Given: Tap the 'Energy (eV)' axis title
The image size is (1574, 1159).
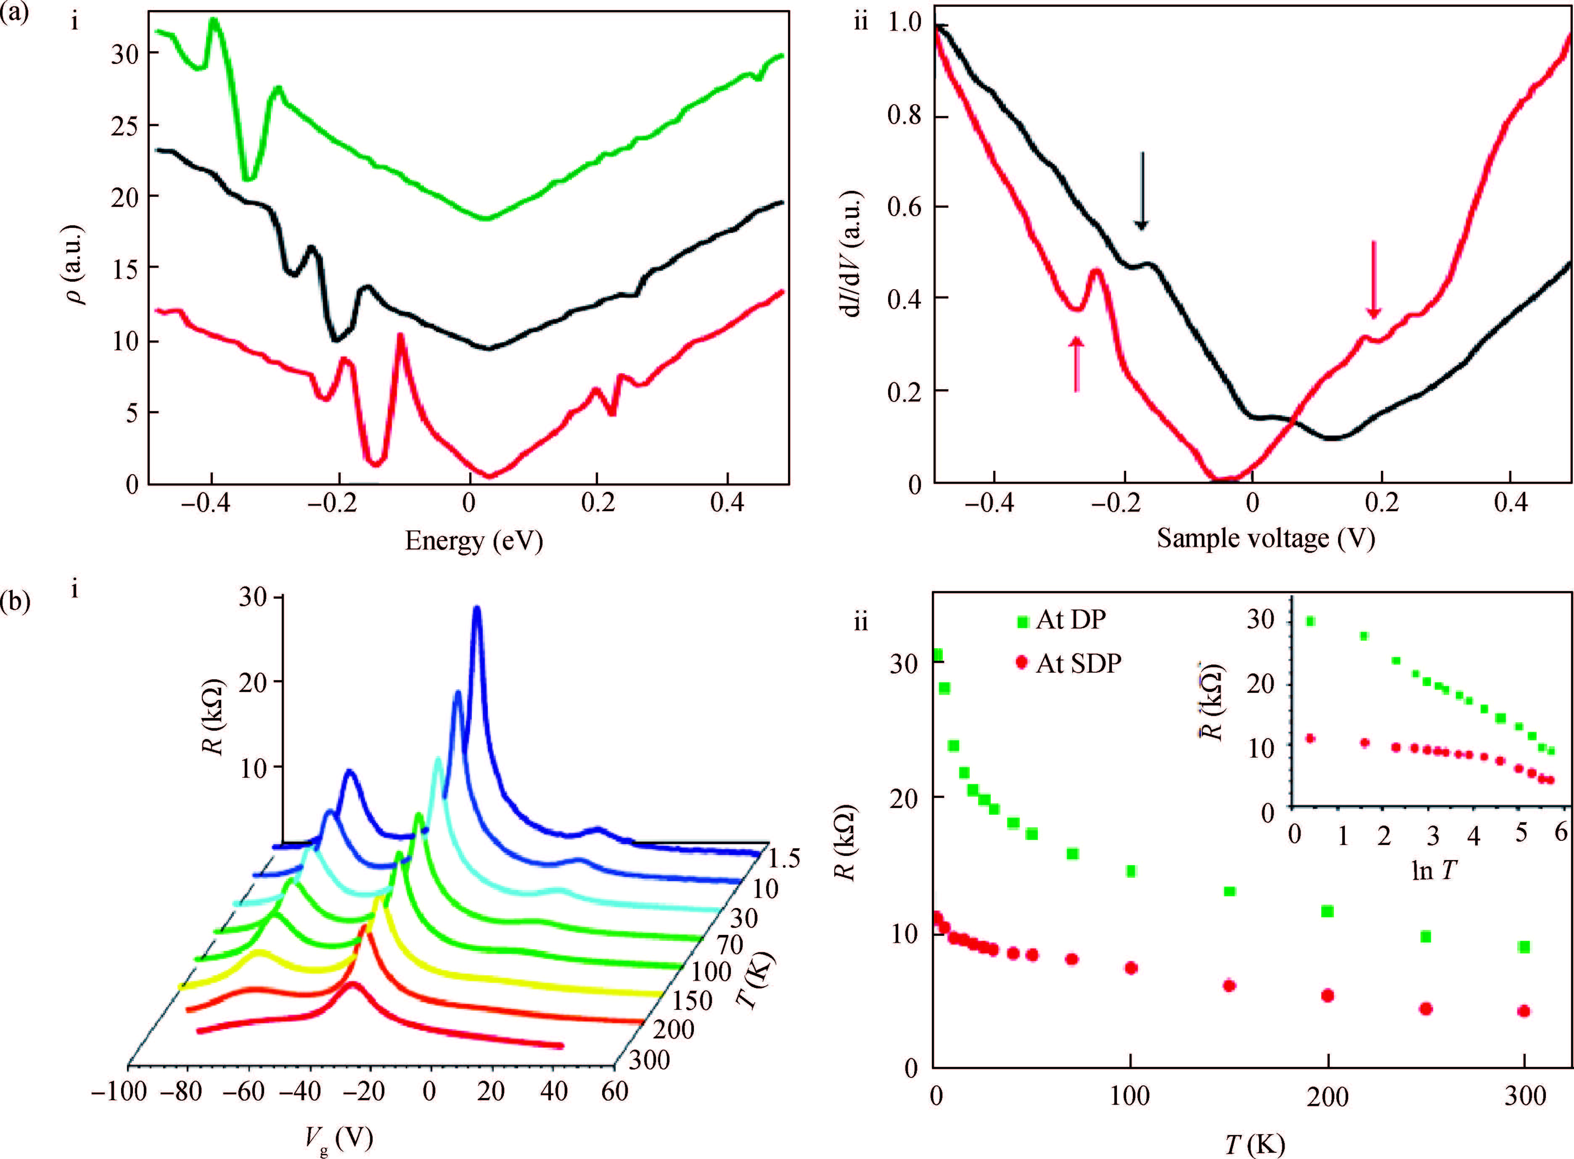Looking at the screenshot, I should click(x=474, y=540).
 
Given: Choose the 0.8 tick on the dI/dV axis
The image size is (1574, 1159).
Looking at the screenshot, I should click(x=905, y=114).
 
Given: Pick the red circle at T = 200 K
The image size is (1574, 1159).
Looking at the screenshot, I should click(x=1327, y=995).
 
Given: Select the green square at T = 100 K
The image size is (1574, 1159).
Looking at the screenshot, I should click(x=1130, y=871).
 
